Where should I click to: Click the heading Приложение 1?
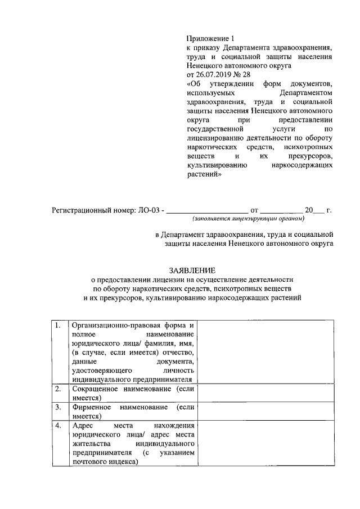(210, 38)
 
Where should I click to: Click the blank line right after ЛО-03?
(207, 212)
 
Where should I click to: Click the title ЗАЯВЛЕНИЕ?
(192, 270)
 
